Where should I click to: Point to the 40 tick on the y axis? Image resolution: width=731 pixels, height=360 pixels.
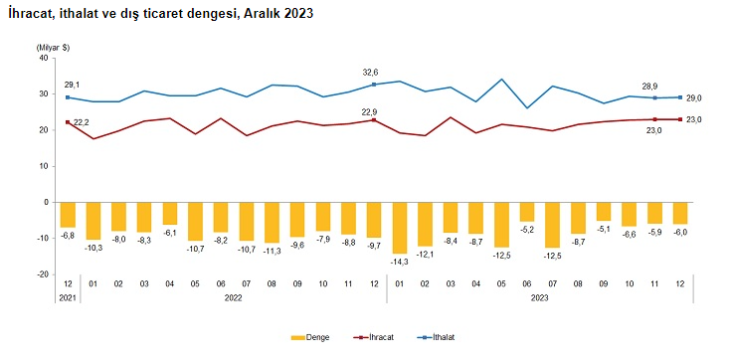click(x=43, y=58)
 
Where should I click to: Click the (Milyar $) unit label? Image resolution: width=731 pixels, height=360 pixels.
click(x=52, y=47)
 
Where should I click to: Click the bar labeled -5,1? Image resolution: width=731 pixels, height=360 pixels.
click(x=603, y=211)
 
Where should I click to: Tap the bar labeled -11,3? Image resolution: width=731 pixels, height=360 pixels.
click(x=272, y=222)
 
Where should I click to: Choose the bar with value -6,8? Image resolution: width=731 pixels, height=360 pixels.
click(x=68, y=214)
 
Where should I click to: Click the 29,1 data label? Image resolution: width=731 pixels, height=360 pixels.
click(x=72, y=86)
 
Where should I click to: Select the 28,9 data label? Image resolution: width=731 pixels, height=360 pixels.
click(x=651, y=87)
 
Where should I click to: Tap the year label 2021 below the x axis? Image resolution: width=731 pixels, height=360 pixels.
click(x=68, y=296)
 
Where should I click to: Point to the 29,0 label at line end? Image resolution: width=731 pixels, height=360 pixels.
click(x=694, y=97)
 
